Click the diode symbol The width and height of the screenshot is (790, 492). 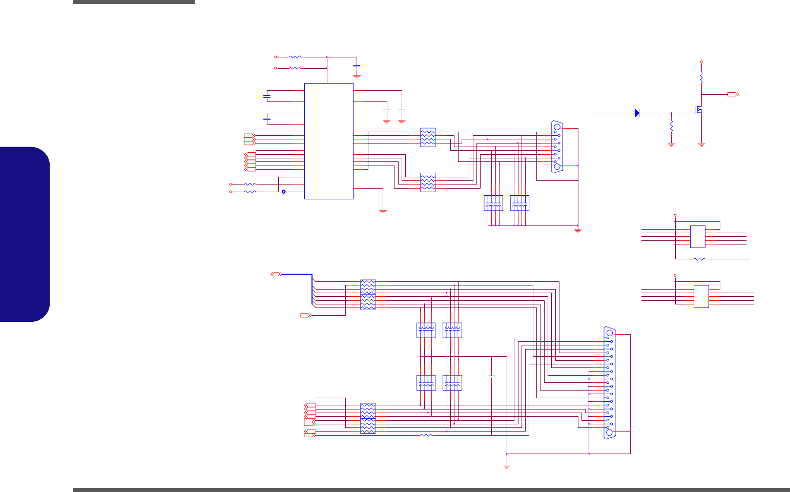(x=637, y=113)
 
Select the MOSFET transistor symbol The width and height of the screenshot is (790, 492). (x=699, y=109)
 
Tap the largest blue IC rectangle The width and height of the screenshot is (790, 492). (x=328, y=141)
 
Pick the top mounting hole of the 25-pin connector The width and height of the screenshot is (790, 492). (x=609, y=333)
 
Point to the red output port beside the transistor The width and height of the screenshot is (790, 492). (x=733, y=95)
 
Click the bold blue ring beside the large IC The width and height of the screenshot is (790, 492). (x=284, y=192)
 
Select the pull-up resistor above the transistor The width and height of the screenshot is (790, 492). (x=701, y=78)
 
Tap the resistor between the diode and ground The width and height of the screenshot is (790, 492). (x=671, y=126)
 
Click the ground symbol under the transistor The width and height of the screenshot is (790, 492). (x=701, y=145)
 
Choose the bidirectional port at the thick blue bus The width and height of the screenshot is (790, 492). (x=276, y=274)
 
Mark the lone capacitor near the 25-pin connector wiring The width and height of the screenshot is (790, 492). (x=492, y=377)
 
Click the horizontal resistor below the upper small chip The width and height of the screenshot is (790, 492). (x=699, y=259)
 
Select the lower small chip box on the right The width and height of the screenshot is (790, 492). (x=701, y=296)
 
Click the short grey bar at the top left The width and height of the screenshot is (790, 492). (x=133, y=2)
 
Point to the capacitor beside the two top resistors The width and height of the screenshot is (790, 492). (x=357, y=67)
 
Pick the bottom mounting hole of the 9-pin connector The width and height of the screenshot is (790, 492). (x=557, y=167)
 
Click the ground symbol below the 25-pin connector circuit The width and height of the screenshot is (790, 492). (x=507, y=466)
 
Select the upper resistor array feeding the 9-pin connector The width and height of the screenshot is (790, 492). (x=428, y=137)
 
